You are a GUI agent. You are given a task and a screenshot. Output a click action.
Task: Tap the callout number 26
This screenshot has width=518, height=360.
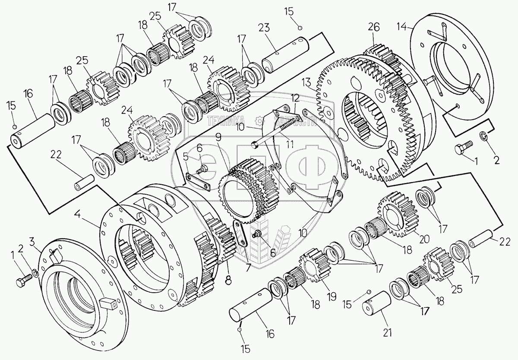click(x=374, y=27)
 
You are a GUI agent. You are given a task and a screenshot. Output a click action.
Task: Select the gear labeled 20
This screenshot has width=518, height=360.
click(x=393, y=215)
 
